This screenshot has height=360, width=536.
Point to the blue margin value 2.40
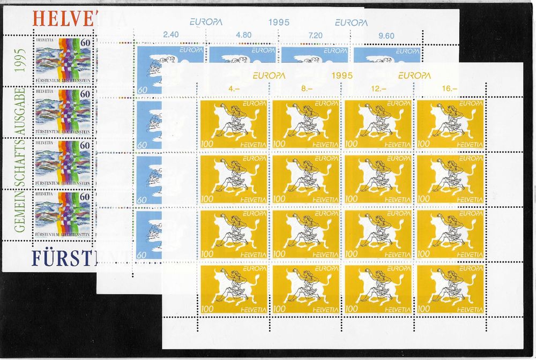click(x=170, y=36)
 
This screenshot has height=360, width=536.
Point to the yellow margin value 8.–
click(x=306, y=89)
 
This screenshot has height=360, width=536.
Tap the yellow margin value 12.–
click(x=378, y=89)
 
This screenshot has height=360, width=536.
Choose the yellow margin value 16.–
click(x=450, y=89)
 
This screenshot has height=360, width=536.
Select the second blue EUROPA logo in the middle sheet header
click(x=351, y=22)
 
